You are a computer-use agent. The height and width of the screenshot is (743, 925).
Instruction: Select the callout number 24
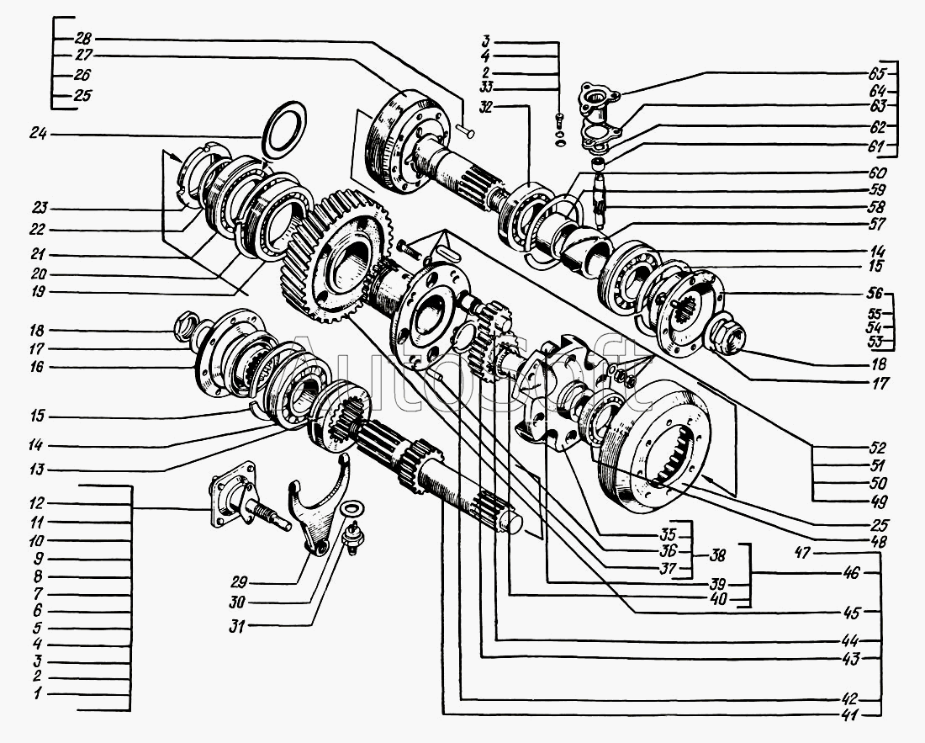coord(39,133)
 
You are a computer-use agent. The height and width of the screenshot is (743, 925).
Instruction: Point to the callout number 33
coord(486,86)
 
